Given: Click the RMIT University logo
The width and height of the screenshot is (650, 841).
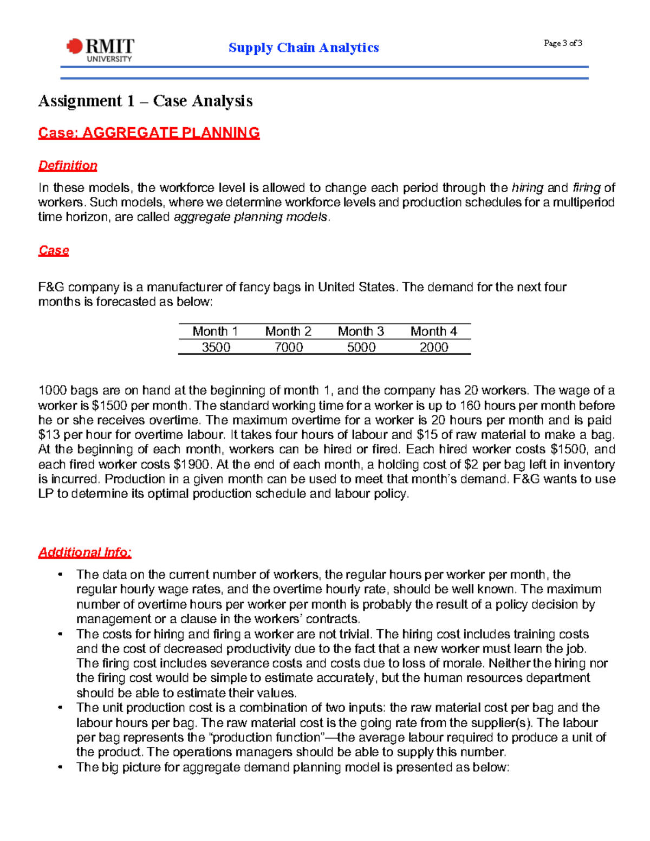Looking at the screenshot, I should (x=100, y=50).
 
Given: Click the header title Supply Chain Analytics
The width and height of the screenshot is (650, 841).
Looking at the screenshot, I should (x=303, y=48).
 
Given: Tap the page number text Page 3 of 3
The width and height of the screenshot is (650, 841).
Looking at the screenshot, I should (x=563, y=43).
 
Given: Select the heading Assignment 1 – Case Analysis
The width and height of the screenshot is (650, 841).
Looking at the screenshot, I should (x=145, y=101).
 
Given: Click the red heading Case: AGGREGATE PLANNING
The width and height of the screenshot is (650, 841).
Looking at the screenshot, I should (x=149, y=133).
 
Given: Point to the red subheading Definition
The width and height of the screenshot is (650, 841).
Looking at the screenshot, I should (x=68, y=166).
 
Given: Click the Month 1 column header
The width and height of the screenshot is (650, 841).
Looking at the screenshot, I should (x=215, y=331).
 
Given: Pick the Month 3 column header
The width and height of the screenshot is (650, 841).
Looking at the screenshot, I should (x=361, y=331).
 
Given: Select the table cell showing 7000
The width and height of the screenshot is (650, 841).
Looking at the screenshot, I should (x=288, y=347).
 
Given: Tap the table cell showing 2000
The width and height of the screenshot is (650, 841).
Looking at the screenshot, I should (x=433, y=347).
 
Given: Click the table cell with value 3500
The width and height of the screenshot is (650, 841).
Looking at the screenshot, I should (x=216, y=347).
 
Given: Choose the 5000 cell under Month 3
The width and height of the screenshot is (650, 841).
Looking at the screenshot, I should (x=361, y=347).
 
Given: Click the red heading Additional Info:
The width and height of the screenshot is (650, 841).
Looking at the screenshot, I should (x=84, y=552).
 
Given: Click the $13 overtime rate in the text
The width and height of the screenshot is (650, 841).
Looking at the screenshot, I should (x=49, y=435).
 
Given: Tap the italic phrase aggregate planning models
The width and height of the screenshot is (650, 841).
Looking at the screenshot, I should (x=251, y=217).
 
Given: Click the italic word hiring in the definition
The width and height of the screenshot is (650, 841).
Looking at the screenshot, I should (x=527, y=188).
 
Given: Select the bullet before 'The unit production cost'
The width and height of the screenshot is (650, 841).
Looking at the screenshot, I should (x=61, y=708).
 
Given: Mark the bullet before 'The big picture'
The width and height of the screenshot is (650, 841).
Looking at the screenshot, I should (x=61, y=767).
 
